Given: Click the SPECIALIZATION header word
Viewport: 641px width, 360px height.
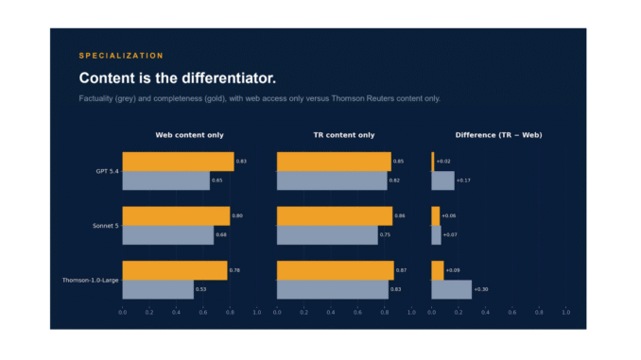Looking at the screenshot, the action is (121, 56).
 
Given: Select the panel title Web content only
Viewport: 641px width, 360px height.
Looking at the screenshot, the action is (189, 135).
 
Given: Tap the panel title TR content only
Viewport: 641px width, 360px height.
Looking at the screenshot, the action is (344, 135).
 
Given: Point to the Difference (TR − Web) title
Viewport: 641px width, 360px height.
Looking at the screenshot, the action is (499, 135).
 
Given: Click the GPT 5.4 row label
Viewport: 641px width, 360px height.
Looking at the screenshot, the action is (107, 171).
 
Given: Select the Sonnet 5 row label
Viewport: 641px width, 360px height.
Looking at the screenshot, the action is (106, 226).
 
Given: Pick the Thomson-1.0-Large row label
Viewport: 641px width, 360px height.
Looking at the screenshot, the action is (91, 280).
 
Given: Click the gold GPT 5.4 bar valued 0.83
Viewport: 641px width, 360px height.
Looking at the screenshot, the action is (179, 162).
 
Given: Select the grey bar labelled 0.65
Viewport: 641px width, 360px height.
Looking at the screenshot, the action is (166, 180).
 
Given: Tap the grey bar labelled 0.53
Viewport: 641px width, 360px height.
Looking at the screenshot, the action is (158, 289).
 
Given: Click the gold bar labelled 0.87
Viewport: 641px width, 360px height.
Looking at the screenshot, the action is (336, 270).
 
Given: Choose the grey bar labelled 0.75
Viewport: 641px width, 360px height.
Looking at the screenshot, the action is (327, 235).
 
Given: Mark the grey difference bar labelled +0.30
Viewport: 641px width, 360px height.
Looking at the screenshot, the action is (451, 289).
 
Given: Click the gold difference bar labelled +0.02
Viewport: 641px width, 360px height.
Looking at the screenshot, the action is (432, 162).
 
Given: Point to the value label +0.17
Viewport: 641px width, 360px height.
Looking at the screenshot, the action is (463, 180).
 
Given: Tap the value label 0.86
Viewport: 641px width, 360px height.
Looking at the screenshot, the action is (400, 215).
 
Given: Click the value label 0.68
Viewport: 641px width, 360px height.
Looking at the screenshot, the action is (221, 234).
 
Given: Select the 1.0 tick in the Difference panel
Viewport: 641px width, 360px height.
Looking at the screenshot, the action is (565, 312).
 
